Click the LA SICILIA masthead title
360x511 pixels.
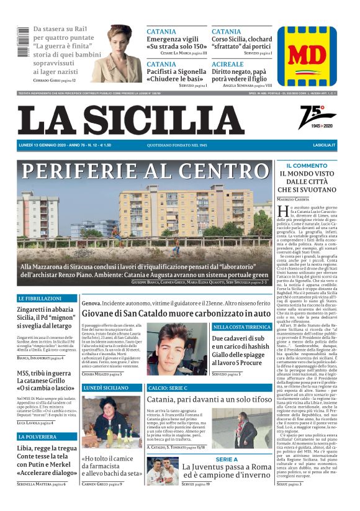130,120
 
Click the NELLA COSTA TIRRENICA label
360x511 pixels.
241,327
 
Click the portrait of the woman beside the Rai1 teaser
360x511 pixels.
122,47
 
